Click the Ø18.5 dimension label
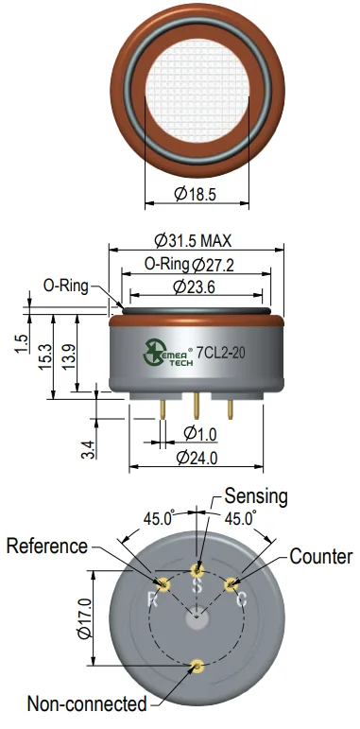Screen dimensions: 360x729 pyautogui.click(x=196, y=194)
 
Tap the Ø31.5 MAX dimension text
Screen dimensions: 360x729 pyautogui.click(x=194, y=240)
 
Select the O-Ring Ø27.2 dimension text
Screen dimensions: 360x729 pyautogui.click(x=189, y=265)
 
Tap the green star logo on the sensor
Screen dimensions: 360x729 pyautogui.click(x=152, y=352)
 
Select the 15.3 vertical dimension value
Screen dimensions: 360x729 pyautogui.click(x=45, y=356)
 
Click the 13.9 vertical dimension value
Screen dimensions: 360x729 pyautogui.click(x=69, y=356)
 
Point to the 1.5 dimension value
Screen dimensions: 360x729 pyautogui.click(x=22, y=343)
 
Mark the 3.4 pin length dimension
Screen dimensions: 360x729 pyautogui.click(x=89, y=449)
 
